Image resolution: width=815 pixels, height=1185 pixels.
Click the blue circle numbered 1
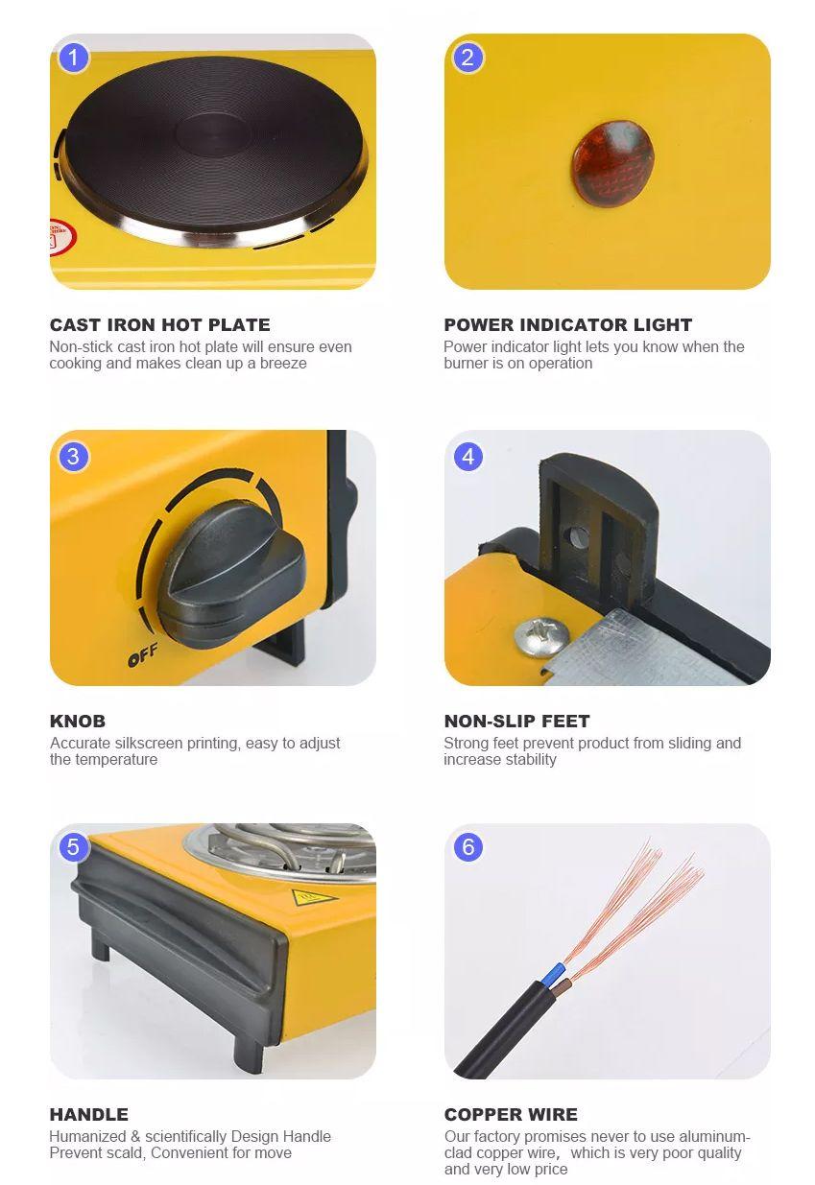click(x=73, y=58)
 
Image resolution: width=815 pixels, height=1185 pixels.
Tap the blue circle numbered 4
click(x=468, y=456)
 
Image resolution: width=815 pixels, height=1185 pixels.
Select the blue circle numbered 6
click(x=468, y=846)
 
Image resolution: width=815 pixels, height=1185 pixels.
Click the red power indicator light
click(x=612, y=163)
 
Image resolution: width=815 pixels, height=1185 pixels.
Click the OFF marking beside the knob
click(x=143, y=654)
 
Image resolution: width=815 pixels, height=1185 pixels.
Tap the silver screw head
click(x=542, y=635)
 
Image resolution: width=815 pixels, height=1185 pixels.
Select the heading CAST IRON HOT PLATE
click(x=159, y=325)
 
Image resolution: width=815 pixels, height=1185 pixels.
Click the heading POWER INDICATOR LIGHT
click(x=568, y=325)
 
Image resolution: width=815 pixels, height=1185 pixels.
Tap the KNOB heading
click(x=77, y=721)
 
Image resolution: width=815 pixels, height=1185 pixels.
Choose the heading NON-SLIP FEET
click(x=516, y=721)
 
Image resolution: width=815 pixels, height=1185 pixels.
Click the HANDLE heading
click(x=89, y=1115)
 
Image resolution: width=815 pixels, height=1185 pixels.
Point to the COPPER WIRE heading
click(x=511, y=1115)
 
